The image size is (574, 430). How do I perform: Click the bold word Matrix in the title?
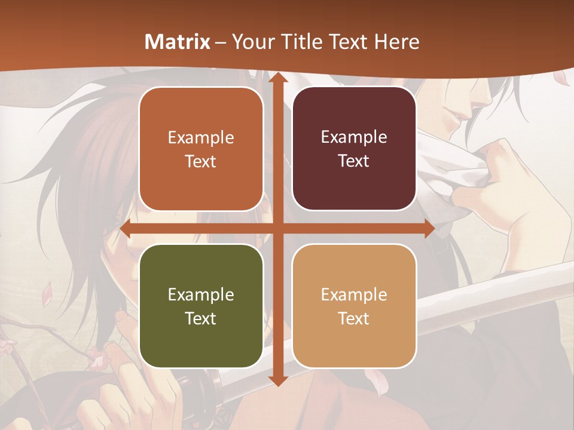[178, 42]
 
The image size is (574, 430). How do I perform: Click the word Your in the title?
[251, 42]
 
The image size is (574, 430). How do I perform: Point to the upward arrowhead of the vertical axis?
[277, 77]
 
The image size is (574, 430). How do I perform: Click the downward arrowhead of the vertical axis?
[277, 380]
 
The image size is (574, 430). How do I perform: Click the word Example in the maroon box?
[354, 137]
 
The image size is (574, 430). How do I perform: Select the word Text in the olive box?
[200, 318]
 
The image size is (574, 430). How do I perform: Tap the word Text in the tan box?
[353, 318]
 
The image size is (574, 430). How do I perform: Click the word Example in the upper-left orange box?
[201, 137]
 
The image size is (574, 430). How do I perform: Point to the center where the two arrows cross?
[277, 229]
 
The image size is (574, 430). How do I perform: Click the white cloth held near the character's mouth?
[454, 173]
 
